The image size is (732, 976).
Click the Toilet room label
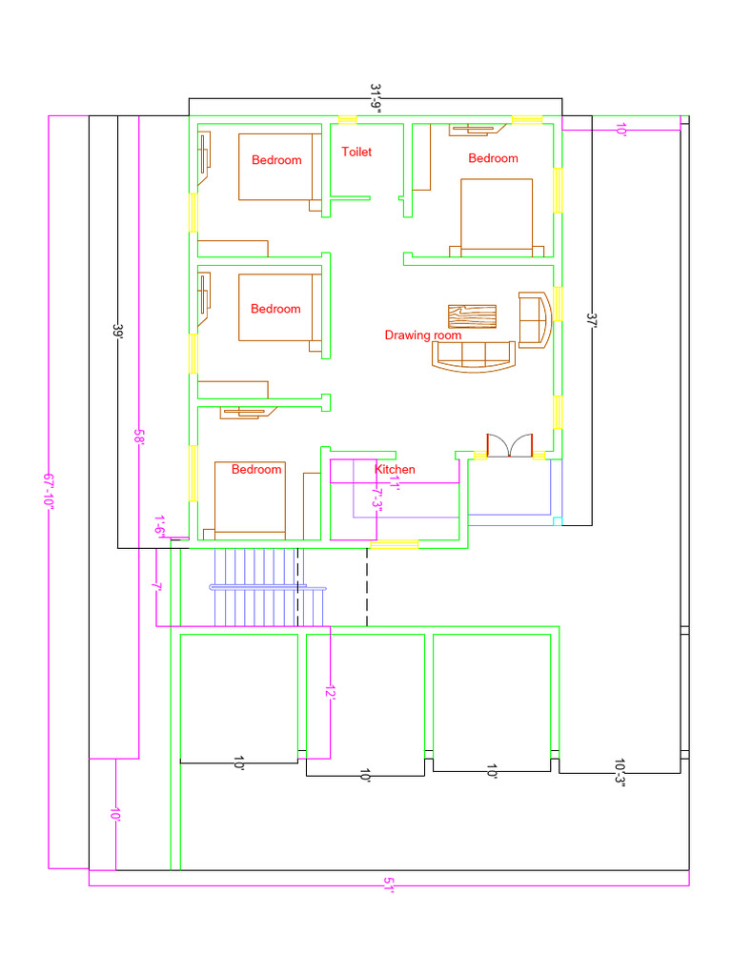356,152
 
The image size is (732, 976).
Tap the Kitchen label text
395,469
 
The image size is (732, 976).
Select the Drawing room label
422,335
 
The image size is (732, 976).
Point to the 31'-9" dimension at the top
376,98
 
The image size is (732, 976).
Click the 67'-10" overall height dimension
49,491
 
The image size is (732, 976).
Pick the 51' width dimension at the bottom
389,885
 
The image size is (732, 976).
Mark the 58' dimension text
139,436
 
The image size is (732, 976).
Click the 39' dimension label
117,331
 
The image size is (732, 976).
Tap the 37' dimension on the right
591,320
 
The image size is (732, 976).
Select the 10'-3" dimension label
620,772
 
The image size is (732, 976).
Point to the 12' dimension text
331,692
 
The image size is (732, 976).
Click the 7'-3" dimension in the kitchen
376,498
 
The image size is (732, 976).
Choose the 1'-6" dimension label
160,526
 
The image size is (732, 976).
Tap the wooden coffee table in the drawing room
473,316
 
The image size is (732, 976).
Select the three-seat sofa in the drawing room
474,356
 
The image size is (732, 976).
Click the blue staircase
268,587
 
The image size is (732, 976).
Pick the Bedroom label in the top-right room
493,158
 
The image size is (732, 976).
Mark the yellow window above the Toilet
347,120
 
